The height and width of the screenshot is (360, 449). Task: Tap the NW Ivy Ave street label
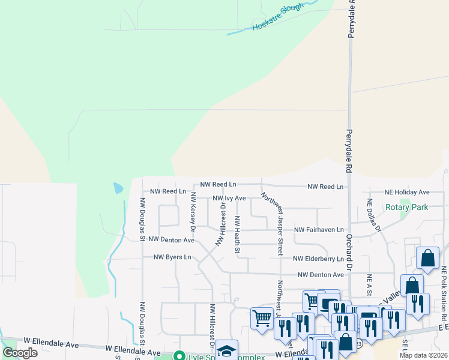[229, 198]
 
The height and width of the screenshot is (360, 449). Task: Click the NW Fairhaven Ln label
[319, 230]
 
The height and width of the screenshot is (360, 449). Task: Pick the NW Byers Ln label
[172, 257]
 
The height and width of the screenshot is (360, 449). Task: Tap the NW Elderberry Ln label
[319, 259]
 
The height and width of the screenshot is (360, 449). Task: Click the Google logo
[20, 353]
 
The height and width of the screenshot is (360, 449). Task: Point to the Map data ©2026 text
[423, 355]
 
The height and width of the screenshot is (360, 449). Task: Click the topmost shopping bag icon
[427, 258]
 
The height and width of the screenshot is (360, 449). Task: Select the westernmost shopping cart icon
[262, 318]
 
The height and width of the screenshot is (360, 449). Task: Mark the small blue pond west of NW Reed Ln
[118, 188]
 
